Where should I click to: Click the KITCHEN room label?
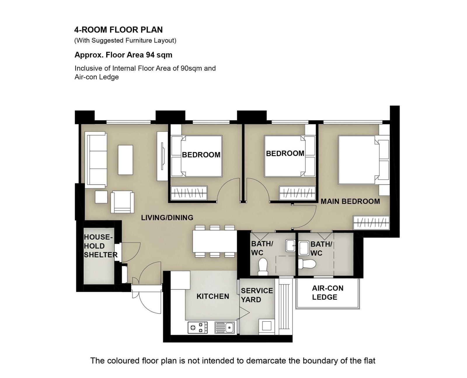click(x=213, y=296)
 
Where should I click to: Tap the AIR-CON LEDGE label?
click(x=327, y=292)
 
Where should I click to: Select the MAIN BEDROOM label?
click(x=350, y=201)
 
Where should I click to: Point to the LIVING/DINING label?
click(x=167, y=217)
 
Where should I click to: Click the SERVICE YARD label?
click(x=257, y=295)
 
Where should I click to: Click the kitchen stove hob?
click(x=198, y=328)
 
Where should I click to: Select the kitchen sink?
click(x=224, y=328)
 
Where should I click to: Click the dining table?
click(x=215, y=241)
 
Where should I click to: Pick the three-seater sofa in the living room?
click(x=96, y=160)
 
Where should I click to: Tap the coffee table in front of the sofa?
click(x=126, y=160)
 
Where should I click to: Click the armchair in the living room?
click(x=122, y=202)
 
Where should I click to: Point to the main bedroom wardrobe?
click(x=371, y=223)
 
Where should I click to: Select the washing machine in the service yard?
click(x=266, y=327)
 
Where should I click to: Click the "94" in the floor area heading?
click(x=150, y=55)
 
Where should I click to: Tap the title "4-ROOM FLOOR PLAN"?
click(x=119, y=30)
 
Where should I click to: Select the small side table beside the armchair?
click(x=101, y=197)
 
